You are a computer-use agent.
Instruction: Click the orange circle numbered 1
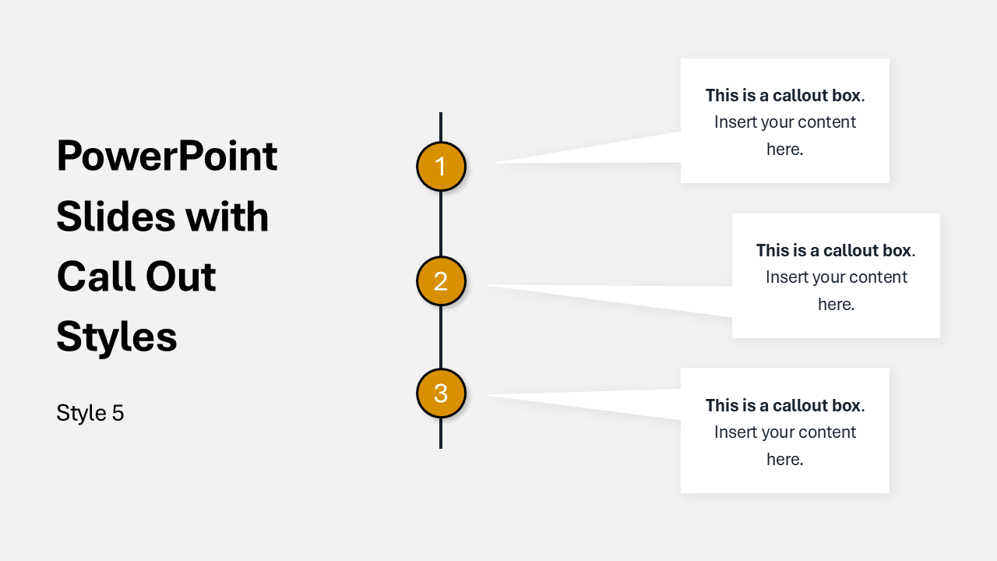tap(441, 167)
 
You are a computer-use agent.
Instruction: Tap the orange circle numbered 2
tap(441, 281)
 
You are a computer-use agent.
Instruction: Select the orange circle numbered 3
tap(441, 393)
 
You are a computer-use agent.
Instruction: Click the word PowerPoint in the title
tap(167, 157)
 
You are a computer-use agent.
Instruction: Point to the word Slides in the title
tap(116, 217)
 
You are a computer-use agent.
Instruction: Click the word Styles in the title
tap(117, 337)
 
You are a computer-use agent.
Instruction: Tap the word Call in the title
tap(96, 277)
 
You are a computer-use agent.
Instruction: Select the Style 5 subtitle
tap(90, 413)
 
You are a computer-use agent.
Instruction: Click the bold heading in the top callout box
tap(784, 95)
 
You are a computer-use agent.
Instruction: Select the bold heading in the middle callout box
tap(836, 250)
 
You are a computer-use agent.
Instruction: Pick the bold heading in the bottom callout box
tap(784, 405)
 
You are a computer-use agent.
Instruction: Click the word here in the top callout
tap(784, 149)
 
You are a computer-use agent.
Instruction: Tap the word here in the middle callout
tap(836, 304)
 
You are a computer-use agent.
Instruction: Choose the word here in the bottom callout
tap(784, 459)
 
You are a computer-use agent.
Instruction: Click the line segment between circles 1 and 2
tap(441, 224)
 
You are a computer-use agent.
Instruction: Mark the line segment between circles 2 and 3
tap(441, 337)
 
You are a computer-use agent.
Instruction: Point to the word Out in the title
tap(181, 277)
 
